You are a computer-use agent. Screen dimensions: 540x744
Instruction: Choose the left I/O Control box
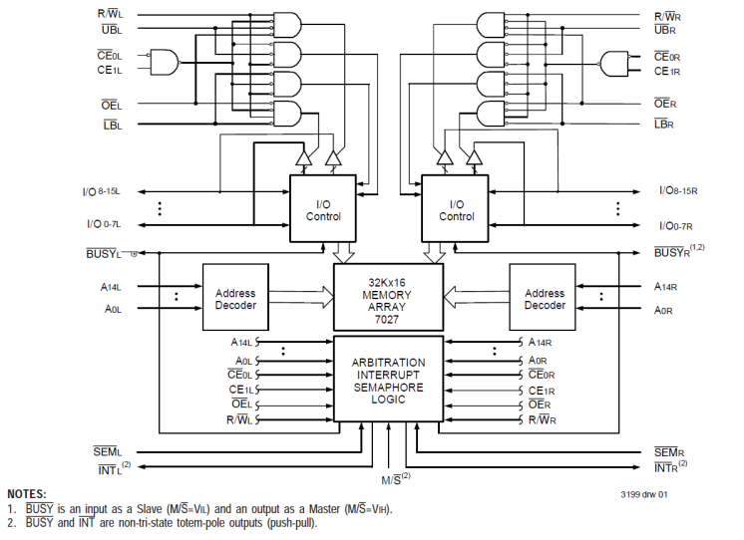pos(322,209)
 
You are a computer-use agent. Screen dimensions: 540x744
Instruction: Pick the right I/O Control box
pos(456,209)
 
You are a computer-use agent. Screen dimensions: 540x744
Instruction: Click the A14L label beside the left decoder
pos(112,286)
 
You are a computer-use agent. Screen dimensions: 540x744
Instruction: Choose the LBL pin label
pos(112,124)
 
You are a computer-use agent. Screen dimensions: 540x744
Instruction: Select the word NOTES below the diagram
pos(28,494)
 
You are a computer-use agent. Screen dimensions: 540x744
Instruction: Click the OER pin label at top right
pos(665,104)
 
